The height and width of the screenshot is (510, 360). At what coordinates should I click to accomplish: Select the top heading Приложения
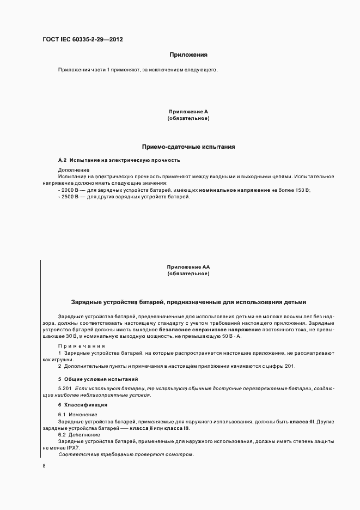[x=188, y=54]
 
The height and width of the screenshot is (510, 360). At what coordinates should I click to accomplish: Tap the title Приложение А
[x=188, y=112]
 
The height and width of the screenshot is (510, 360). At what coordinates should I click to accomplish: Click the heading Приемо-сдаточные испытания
[x=188, y=147]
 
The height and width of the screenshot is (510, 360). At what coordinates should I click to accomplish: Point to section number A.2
[x=62, y=160]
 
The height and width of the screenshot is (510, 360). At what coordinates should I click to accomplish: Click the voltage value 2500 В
[x=70, y=196]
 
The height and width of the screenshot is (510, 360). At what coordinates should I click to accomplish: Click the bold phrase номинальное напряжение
[x=235, y=190]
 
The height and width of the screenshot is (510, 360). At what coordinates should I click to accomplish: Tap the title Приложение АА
[x=188, y=266]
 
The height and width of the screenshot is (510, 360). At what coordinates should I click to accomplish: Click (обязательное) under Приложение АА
[x=188, y=274]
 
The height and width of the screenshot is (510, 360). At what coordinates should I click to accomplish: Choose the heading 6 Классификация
[x=82, y=405]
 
